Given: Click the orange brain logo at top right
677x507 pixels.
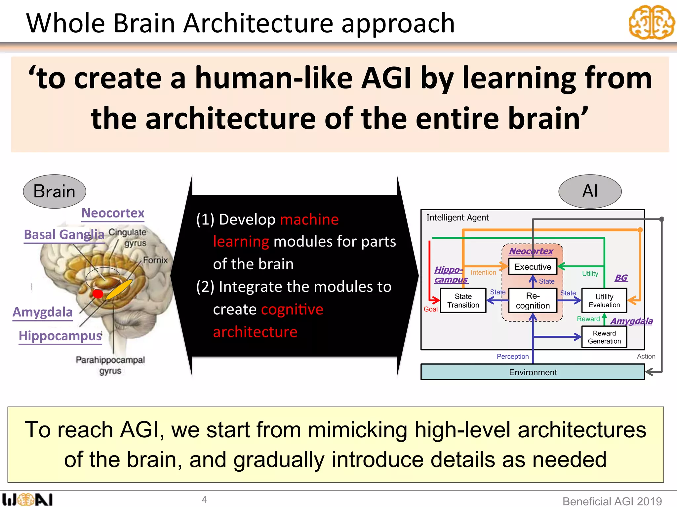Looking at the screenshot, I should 651,22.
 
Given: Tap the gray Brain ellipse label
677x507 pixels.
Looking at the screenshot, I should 55,191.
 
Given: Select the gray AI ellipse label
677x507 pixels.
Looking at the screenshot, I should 590,191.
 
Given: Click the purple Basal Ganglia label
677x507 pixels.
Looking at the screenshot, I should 64,235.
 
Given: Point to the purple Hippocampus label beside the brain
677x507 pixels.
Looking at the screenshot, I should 60,336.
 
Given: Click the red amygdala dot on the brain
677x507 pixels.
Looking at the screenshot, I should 98,294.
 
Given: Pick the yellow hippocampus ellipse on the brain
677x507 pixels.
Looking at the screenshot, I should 119,289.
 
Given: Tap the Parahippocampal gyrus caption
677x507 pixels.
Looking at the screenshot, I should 110,365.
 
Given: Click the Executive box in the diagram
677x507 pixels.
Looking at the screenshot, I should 533,267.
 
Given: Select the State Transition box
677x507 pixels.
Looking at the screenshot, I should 463,301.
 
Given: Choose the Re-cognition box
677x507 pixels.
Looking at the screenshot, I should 533,301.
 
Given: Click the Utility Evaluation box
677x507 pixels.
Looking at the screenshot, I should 604,301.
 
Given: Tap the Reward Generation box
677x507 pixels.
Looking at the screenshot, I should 604,337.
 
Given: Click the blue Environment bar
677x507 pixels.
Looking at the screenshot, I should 533,372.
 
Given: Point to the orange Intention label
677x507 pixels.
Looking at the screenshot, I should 483,273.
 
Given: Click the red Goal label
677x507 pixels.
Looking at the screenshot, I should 430,309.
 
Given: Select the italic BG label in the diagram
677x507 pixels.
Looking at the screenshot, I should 621,278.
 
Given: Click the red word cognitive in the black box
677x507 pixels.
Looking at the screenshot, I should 292,310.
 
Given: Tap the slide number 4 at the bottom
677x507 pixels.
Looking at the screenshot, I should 205,499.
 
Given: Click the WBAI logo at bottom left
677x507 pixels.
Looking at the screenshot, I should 27,499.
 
